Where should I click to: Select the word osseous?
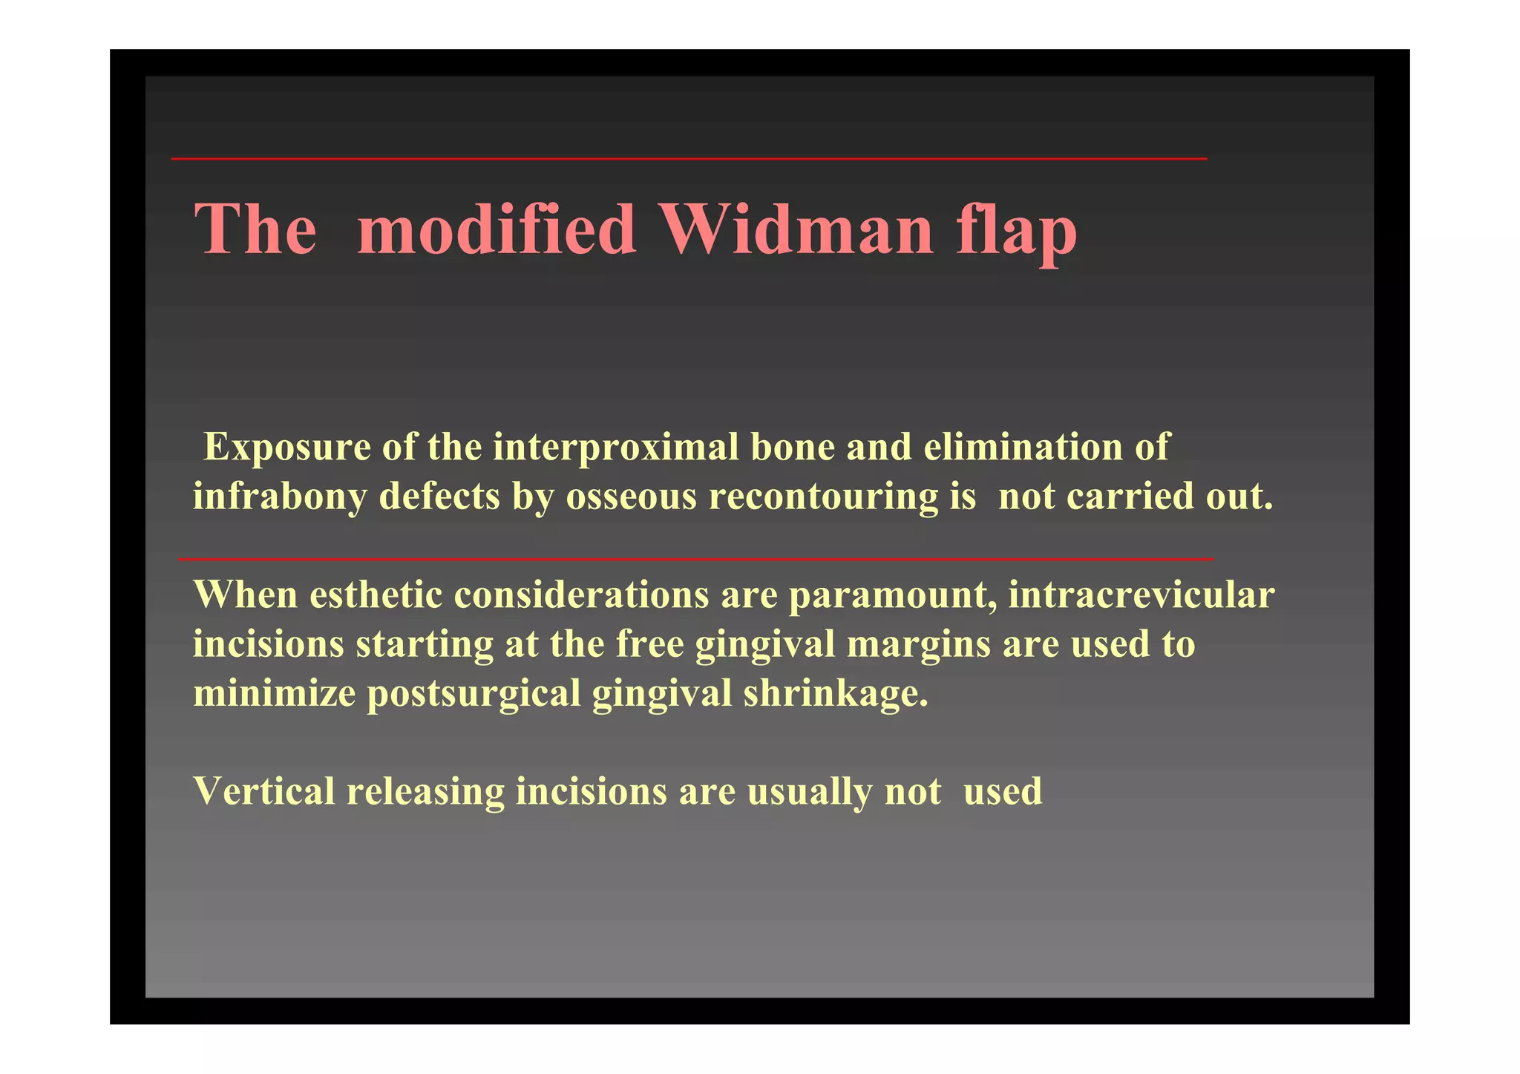(631, 497)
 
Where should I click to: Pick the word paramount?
(892, 596)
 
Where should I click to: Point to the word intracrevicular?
(1141, 595)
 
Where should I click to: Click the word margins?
(918, 644)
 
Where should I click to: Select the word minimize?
(274, 693)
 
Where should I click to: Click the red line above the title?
(689, 159)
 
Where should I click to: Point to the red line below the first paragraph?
(696, 559)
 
